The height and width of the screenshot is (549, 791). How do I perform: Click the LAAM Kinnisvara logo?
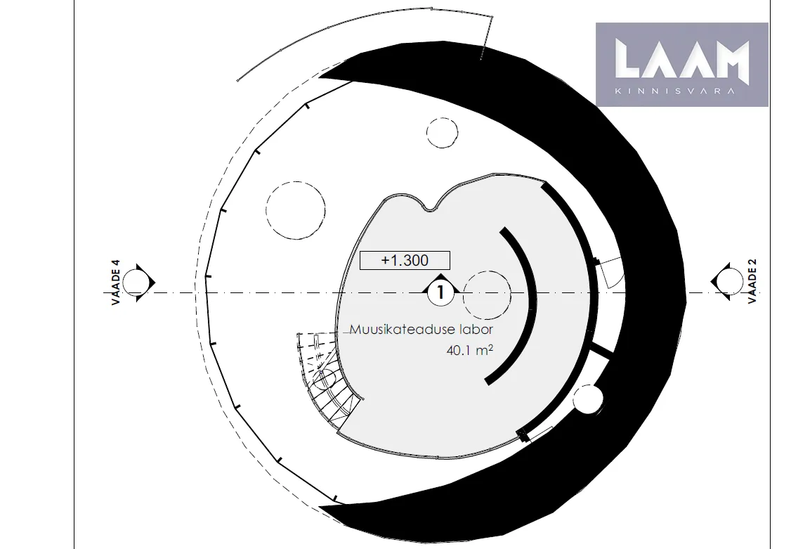click(x=682, y=65)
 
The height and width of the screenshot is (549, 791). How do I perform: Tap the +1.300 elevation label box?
click(x=405, y=260)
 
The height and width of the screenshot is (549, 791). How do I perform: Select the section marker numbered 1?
click(x=440, y=292)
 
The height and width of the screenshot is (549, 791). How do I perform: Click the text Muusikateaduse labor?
click(x=421, y=330)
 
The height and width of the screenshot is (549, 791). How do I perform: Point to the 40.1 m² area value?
click(x=470, y=349)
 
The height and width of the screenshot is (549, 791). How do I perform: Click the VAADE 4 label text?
click(x=115, y=282)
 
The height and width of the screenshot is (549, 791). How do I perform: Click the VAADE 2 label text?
click(x=752, y=281)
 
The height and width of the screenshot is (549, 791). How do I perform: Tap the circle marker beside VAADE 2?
click(x=729, y=282)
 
